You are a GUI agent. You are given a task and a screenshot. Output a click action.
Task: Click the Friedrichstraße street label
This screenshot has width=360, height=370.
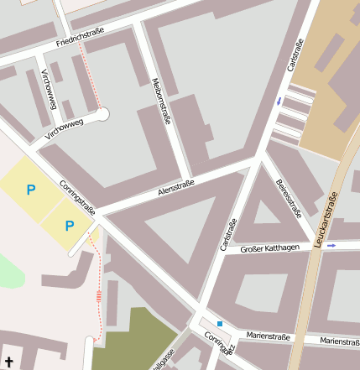(x=81, y=37)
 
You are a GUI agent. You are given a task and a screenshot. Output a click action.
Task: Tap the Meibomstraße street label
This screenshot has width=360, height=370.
(x=162, y=101)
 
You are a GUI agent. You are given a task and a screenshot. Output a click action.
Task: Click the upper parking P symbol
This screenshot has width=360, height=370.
(x=31, y=190)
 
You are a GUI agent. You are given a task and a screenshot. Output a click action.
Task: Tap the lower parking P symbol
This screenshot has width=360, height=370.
(x=70, y=225)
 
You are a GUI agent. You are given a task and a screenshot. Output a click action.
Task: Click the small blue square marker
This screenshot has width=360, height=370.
(x=220, y=323)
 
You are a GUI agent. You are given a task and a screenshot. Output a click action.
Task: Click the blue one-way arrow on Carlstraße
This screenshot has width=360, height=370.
(x=279, y=102)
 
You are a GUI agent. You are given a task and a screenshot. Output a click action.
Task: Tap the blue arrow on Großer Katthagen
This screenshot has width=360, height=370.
(x=331, y=246)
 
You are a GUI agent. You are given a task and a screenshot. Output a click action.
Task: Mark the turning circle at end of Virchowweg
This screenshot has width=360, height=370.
(x=102, y=113)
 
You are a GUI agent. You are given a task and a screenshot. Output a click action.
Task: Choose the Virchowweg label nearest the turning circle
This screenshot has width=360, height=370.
(x=65, y=128)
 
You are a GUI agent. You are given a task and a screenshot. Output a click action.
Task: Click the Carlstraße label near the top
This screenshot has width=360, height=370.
(x=295, y=55)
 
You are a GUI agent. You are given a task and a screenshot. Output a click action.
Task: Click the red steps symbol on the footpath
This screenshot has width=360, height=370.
(x=99, y=294)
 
